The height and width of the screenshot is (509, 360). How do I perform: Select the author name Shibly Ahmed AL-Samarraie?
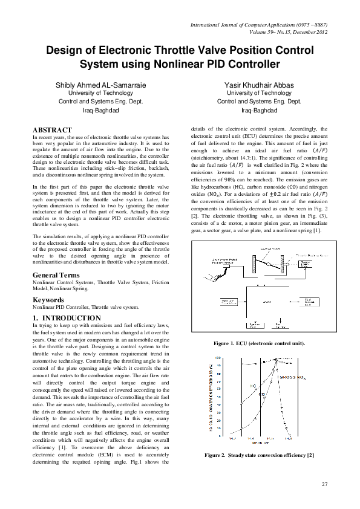pos(100,85)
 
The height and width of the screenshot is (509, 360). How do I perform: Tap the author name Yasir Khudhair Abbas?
pos(259,85)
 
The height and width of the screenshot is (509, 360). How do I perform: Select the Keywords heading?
pos(48,299)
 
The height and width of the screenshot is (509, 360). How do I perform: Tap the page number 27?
pos(324,484)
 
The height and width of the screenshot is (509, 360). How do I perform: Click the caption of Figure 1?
pos(259,343)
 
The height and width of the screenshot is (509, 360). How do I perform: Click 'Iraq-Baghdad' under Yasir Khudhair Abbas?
pos(259,111)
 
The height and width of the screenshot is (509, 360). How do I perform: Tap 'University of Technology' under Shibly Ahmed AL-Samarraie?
pos(100,93)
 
